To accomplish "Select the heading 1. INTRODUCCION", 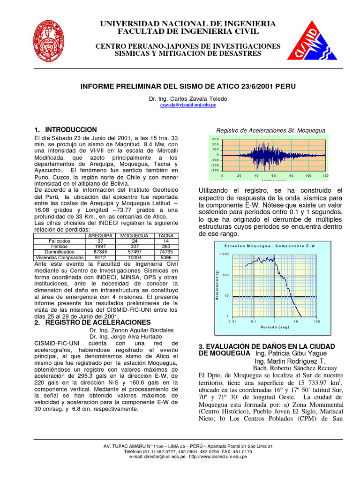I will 66,130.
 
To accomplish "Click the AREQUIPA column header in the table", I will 99,235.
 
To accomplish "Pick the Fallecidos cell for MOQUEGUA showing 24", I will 135,241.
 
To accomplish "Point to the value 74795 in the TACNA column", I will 166,252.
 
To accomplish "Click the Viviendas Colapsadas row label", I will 60,257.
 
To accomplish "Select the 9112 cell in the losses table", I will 99,257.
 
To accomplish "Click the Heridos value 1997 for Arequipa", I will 99,247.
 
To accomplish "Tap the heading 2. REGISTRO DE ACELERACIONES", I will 92,322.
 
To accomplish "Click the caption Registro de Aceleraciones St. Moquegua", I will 270,130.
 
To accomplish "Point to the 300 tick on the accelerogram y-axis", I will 215,139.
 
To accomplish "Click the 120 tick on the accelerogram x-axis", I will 325,175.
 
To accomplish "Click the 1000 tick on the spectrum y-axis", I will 225,254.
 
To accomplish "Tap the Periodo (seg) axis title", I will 274,327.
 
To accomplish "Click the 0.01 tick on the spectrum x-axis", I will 232,322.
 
